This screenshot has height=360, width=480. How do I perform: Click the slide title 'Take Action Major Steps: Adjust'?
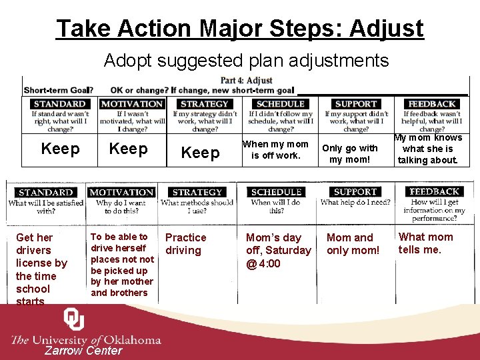click(x=240, y=28)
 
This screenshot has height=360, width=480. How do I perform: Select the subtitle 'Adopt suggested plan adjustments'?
click(x=246, y=61)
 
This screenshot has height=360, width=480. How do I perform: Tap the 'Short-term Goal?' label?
click(x=58, y=91)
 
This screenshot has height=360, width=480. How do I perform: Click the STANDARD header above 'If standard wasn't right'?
click(x=59, y=104)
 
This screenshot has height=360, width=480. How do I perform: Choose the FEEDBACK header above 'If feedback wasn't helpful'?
click(x=432, y=104)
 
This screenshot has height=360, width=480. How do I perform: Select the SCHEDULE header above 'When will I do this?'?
click(x=277, y=193)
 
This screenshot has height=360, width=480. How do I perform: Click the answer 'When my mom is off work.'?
click(x=275, y=149)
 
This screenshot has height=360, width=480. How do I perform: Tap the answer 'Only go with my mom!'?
click(x=349, y=154)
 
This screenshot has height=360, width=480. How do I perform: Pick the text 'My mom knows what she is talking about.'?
click(x=428, y=149)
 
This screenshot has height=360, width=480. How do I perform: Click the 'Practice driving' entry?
click(x=185, y=244)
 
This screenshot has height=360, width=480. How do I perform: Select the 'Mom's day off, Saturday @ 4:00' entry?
click(x=278, y=250)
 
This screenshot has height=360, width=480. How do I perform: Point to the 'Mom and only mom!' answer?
click(x=353, y=244)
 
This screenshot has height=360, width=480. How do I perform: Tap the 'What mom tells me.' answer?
click(x=425, y=243)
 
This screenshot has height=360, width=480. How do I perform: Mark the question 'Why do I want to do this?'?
click(x=121, y=207)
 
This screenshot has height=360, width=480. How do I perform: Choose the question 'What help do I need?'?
click(x=355, y=203)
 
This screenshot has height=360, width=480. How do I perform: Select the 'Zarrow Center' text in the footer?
click(x=83, y=351)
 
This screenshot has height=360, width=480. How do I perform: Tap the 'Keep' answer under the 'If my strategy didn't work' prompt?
click(x=201, y=153)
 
